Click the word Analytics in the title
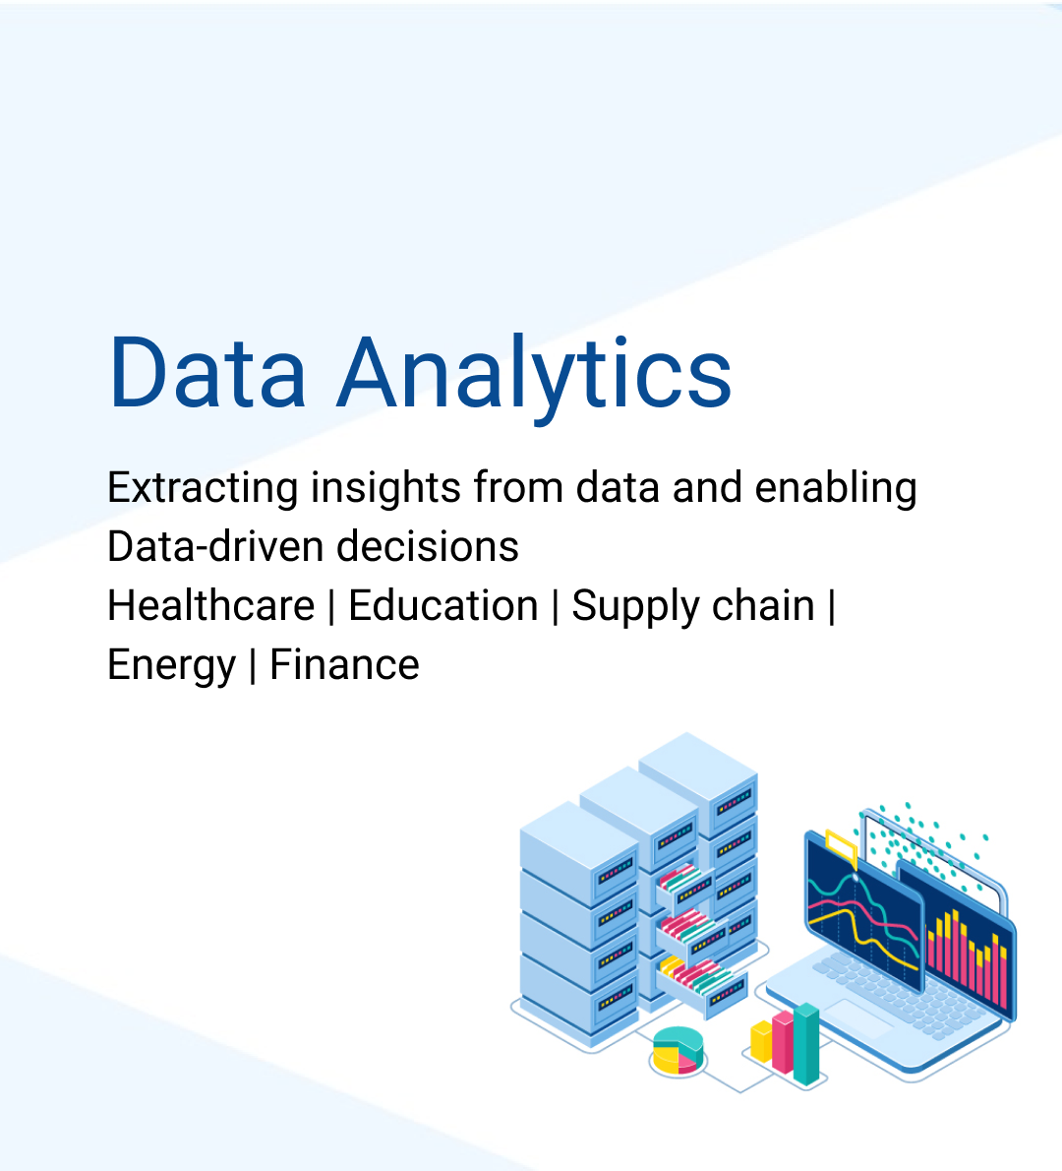[x=535, y=374]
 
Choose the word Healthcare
[x=210, y=606]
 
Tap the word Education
[x=443, y=606]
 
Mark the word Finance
[x=344, y=665]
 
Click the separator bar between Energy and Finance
[x=253, y=666]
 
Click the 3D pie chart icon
[x=678, y=1050]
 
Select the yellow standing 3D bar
[x=761, y=1041]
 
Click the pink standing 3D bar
[x=783, y=1041]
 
